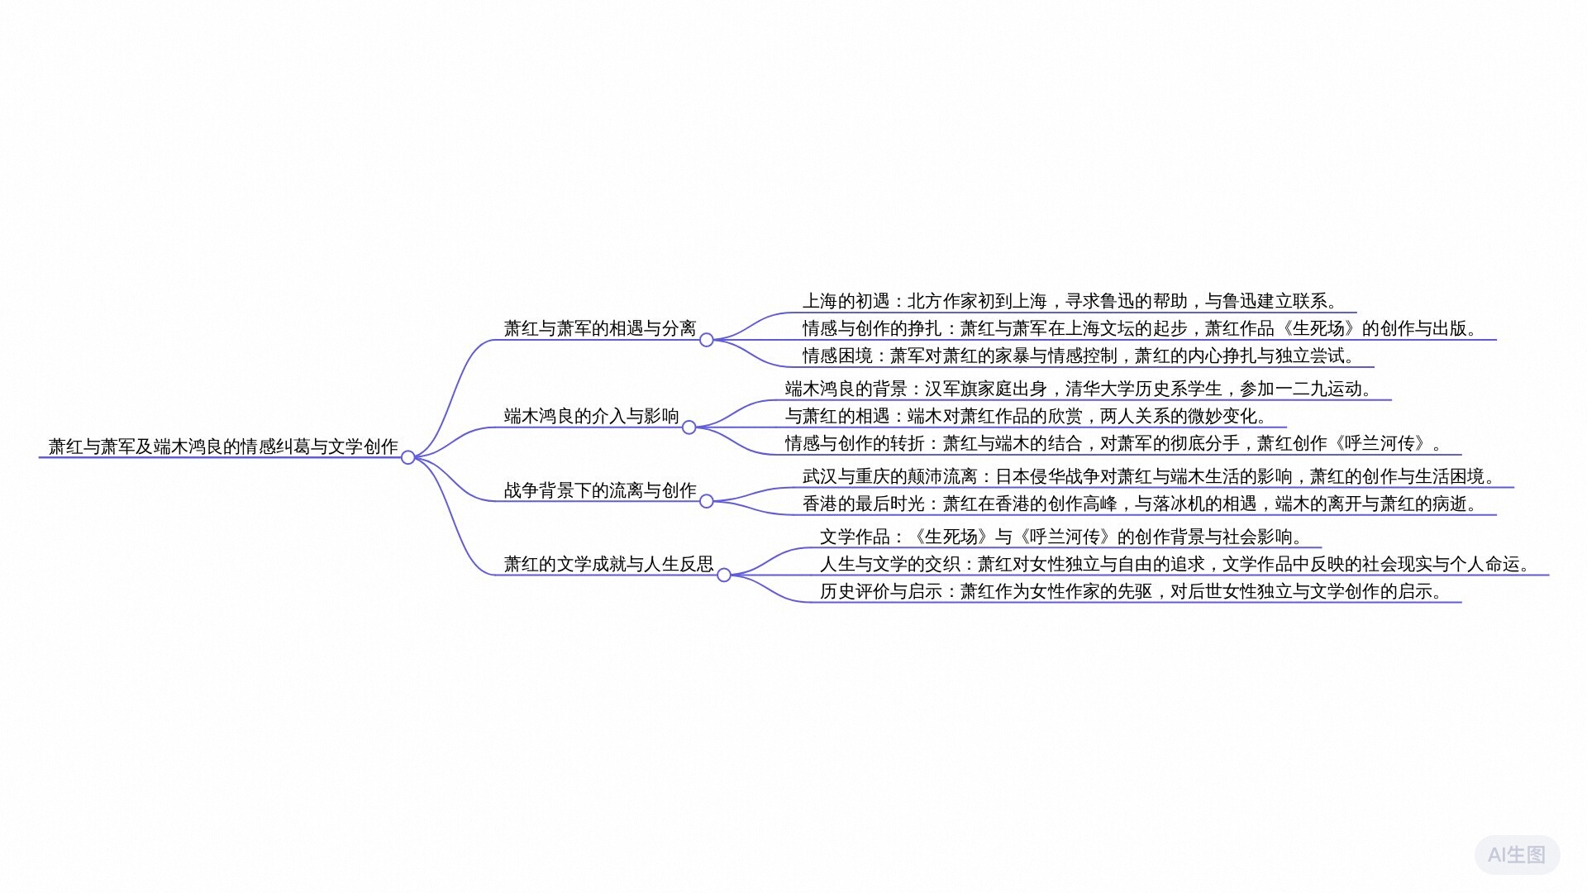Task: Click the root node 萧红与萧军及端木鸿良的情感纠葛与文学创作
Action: tap(223, 446)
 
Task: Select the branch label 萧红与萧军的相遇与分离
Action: tap(600, 328)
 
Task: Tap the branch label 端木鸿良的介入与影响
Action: tap(592, 416)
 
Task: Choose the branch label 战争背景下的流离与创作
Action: tap(600, 490)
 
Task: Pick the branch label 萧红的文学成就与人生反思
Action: tap(609, 564)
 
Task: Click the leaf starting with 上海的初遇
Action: tap(1070, 301)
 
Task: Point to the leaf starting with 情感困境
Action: tap(1079, 356)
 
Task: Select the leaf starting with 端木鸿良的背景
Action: tap(1079, 389)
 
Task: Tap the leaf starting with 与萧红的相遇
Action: tap(1026, 416)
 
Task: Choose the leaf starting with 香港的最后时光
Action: tap(1140, 504)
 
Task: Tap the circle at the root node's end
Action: tap(408, 457)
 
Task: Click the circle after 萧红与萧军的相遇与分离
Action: tap(707, 340)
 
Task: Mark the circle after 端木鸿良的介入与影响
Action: tap(689, 427)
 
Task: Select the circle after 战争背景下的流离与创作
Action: tap(707, 501)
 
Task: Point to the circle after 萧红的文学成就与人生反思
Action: tap(724, 575)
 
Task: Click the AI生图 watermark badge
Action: tap(1517, 855)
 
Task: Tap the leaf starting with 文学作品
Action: tap(1061, 537)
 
